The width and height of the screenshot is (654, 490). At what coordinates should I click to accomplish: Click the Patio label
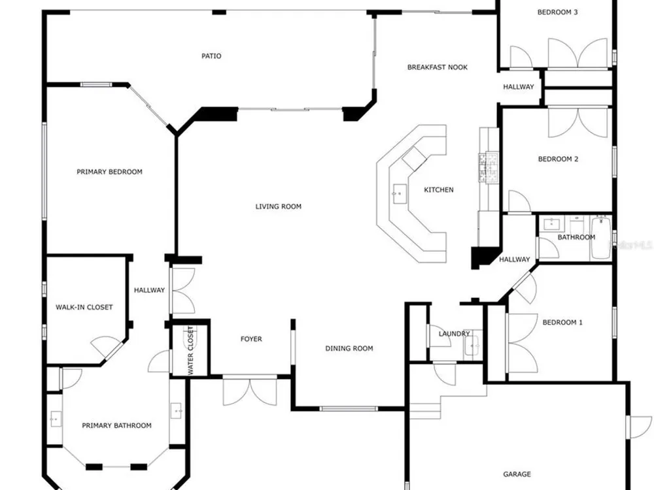click(x=211, y=56)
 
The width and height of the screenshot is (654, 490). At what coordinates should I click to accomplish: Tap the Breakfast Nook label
click(x=437, y=67)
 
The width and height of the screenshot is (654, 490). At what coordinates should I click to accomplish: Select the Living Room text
click(x=278, y=206)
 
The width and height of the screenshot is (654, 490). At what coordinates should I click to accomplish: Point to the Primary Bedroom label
click(x=109, y=172)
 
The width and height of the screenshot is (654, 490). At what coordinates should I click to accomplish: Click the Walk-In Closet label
click(x=84, y=307)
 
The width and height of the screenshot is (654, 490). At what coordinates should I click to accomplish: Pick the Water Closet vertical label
click(x=190, y=350)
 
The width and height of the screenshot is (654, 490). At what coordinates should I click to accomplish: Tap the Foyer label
click(x=251, y=339)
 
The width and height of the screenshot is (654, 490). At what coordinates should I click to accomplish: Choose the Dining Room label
click(x=349, y=348)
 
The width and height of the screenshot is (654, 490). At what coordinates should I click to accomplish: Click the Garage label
click(x=517, y=474)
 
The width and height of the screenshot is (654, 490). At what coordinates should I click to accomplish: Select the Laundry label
click(x=455, y=334)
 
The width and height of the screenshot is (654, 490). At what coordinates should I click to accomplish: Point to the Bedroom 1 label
click(x=562, y=322)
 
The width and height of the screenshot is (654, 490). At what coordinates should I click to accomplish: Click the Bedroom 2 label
click(x=558, y=159)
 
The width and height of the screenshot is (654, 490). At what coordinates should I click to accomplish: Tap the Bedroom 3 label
click(x=557, y=12)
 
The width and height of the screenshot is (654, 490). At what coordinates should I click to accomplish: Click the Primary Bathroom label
click(x=116, y=425)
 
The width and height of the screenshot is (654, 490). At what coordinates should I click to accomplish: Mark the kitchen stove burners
click(x=489, y=167)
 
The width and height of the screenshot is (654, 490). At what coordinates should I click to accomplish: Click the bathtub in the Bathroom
click(x=601, y=237)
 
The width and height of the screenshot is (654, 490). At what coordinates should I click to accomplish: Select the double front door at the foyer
click(x=250, y=391)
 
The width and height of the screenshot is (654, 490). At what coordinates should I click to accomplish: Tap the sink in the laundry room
click(x=473, y=346)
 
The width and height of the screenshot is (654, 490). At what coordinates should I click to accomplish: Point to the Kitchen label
click(x=438, y=189)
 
